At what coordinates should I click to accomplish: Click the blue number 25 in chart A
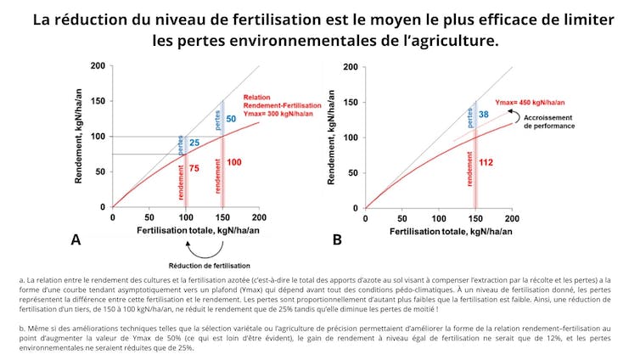[x=194, y=142]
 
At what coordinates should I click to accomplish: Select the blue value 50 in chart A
[x=231, y=119]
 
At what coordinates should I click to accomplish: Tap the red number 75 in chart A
[x=195, y=169]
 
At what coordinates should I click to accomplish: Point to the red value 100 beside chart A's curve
[x=234, y=162]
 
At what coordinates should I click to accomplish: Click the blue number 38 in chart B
[x=483, y=114]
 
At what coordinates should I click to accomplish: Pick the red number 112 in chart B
[x=486, y=162]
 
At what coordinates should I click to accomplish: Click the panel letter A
[x=76, y=240]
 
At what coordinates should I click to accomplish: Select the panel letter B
[x=337, y=240]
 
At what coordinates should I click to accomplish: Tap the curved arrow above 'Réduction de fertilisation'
[x=204, y=248]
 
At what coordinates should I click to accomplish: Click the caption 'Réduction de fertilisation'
[x=204, y=264]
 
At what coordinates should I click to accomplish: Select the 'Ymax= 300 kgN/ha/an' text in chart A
[x=273, y=114]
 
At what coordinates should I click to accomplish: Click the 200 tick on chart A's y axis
[x=99, y=66]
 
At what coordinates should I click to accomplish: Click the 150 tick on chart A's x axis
[x=222, y=217]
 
